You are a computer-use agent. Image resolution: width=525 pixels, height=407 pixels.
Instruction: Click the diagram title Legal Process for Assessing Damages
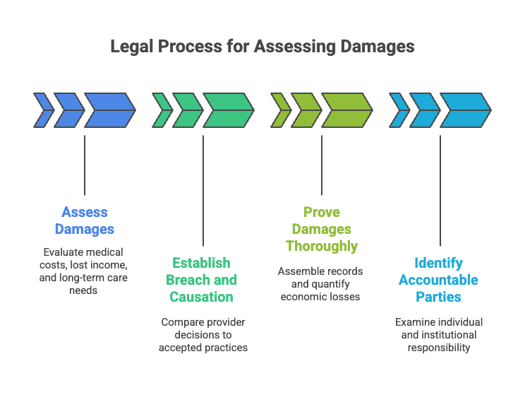point(262,47)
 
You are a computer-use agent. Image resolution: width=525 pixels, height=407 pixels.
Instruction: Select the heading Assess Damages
point(85,220)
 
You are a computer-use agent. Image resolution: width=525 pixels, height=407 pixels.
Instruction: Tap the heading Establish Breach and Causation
point(203,280)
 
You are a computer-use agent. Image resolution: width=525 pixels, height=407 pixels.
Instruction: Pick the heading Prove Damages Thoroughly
point(322,229)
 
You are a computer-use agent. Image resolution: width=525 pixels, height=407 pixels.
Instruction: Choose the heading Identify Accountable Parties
point(438,280)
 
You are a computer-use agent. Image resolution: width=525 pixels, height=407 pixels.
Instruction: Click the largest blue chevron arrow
point(109,110)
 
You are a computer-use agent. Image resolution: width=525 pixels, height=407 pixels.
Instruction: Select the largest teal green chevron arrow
point(228,110)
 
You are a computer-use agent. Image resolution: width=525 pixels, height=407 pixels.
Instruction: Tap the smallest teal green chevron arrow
point(162,110)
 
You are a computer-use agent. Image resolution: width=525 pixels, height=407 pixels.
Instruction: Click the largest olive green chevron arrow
point(346,110)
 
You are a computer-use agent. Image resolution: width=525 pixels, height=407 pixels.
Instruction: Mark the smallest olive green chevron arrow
point(281,110)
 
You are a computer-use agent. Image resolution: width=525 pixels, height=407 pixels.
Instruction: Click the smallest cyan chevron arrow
point(399,110)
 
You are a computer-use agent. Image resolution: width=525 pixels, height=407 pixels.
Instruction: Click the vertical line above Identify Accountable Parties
point(440,190)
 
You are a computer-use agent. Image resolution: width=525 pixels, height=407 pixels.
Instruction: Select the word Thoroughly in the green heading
point(322,246)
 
